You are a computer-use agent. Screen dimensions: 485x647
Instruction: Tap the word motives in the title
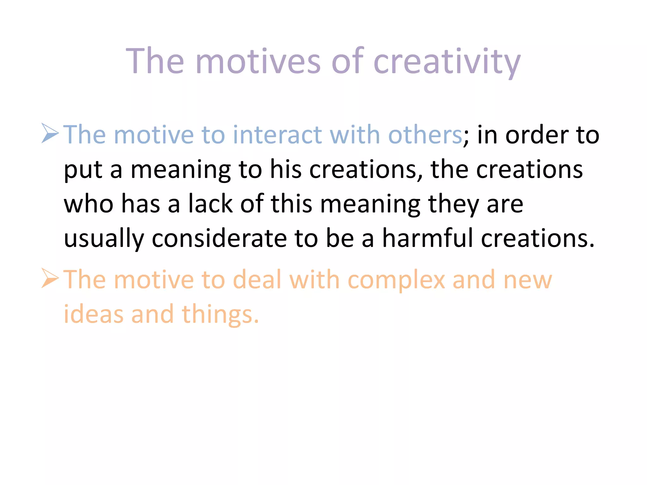[258, 61]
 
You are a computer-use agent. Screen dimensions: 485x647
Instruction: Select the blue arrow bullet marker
[50, 133]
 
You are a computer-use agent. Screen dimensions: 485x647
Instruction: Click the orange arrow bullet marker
[50, 278]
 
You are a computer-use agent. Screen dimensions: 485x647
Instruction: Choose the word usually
[104, 239]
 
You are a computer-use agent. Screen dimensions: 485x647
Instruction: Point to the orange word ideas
[94, 314]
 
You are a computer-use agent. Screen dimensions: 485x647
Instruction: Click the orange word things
[220, 315]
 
